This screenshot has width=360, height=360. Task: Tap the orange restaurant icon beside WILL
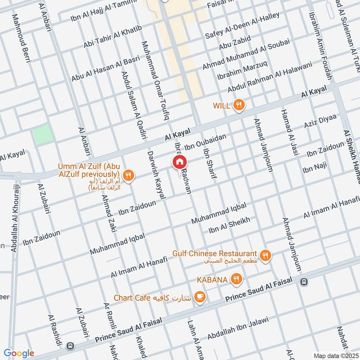pos(239,105)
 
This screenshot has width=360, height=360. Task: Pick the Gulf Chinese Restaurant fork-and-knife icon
pos(265,255)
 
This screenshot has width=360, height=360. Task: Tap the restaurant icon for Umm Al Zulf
pos(129,175)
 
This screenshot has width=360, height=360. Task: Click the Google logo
pos(19,353)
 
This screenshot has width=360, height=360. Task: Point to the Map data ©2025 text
pos(335,355)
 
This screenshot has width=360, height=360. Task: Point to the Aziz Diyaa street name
pos(320,120)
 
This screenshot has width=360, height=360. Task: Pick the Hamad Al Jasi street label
pos(290,132)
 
